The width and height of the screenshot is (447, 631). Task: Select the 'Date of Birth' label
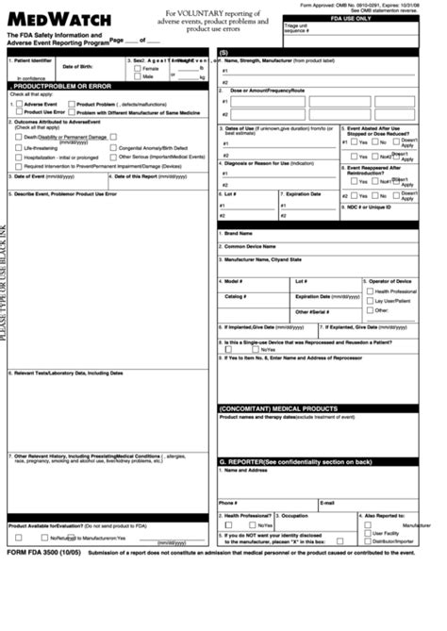coord(78,66)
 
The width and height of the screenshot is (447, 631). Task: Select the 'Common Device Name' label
coord(248,246)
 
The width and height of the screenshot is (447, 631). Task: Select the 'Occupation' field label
coord(296,515)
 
